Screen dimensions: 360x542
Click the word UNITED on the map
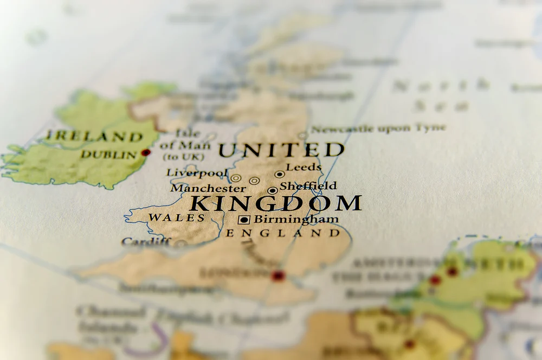281,150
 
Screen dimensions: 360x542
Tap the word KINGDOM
276,203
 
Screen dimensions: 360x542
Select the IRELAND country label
95,136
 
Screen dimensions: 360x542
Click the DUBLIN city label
109,155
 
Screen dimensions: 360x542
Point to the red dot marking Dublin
145,153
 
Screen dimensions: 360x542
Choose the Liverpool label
197,173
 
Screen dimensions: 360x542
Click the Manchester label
208,188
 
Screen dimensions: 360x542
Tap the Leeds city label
304,167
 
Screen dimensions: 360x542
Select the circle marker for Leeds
279,175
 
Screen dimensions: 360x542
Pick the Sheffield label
308,185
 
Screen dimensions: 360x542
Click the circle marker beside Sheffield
272,190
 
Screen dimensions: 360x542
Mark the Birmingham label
296,220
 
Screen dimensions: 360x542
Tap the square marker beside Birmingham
244,220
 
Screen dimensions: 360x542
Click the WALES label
177,218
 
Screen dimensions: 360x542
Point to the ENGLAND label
283,234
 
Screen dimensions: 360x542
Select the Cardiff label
146,242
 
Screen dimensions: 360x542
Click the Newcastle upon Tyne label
378,128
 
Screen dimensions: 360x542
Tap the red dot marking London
278,276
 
